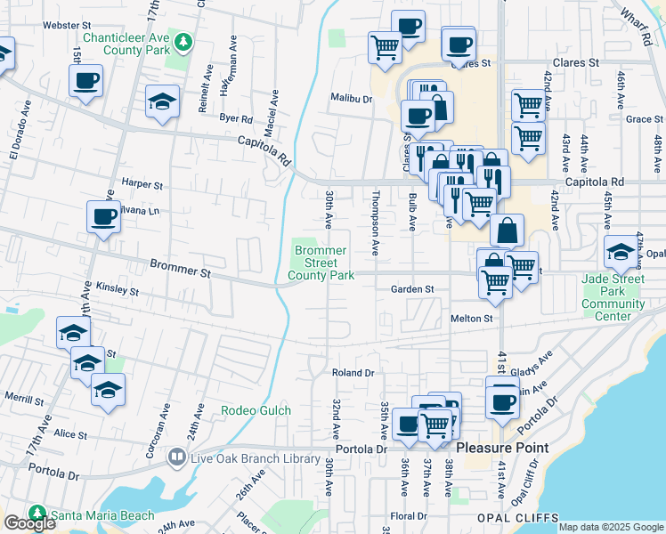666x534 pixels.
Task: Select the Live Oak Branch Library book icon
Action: [176, 457]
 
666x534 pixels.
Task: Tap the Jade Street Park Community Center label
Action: [613, 297]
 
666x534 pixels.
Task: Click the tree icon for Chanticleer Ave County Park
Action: [183, 42]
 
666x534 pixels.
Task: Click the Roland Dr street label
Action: [353, 372]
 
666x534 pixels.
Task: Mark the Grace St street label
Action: [639, 118]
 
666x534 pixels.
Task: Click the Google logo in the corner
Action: [29, 523]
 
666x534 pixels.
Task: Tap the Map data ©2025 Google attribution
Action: [610, 527]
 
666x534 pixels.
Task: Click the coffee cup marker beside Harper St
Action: [104, 216]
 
